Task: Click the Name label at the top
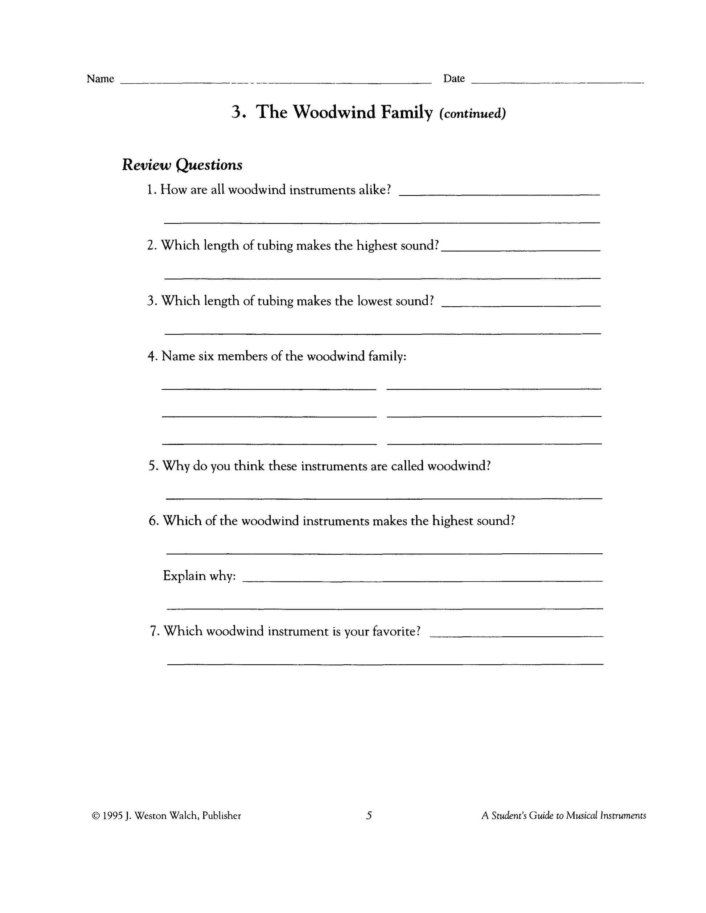tap(100, 79)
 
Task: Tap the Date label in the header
tap(454, 79)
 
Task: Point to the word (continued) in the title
tap(472, 113)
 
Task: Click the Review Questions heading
tap(182, 165)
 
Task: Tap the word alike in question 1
tap(374, 190)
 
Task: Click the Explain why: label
tap(199, 576)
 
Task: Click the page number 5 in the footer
tap(369, 815)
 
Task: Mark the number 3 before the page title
tap(237, 112)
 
